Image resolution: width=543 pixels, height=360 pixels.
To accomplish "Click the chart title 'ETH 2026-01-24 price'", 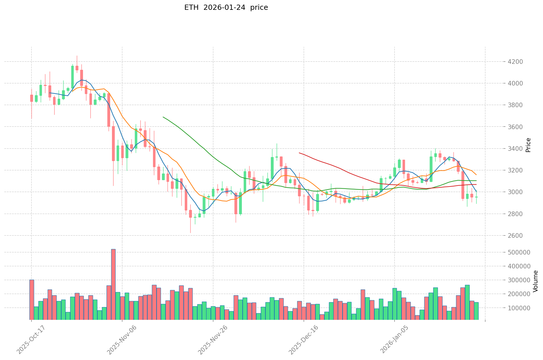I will pyautogui.click(x=226, y=8).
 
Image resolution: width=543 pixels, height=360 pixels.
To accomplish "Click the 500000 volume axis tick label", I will pyautogui.click(x=518, y=252).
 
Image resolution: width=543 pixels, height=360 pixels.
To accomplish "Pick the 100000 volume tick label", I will pyautogui.click(x=518, y=308).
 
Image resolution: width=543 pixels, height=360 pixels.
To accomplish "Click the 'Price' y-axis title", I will pyautogui.click(x=528, y=145).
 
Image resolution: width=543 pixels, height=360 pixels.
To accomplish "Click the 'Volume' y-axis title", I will pyautogui.click(x=535, y=281).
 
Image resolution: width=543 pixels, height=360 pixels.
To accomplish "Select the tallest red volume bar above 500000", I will pyautogui.click(x=113, y=284).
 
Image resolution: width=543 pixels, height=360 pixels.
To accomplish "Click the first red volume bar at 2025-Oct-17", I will pyautogui.click(x=31, y=300).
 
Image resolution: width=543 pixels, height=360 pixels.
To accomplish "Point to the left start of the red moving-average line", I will pyautogui.click(x=299, y=153).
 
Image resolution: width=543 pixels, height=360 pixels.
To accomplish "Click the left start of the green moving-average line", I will pyautogui.click(x=163, y=117).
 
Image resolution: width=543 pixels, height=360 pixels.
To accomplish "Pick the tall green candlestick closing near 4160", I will pyautogui.click(x=72, y=77).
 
